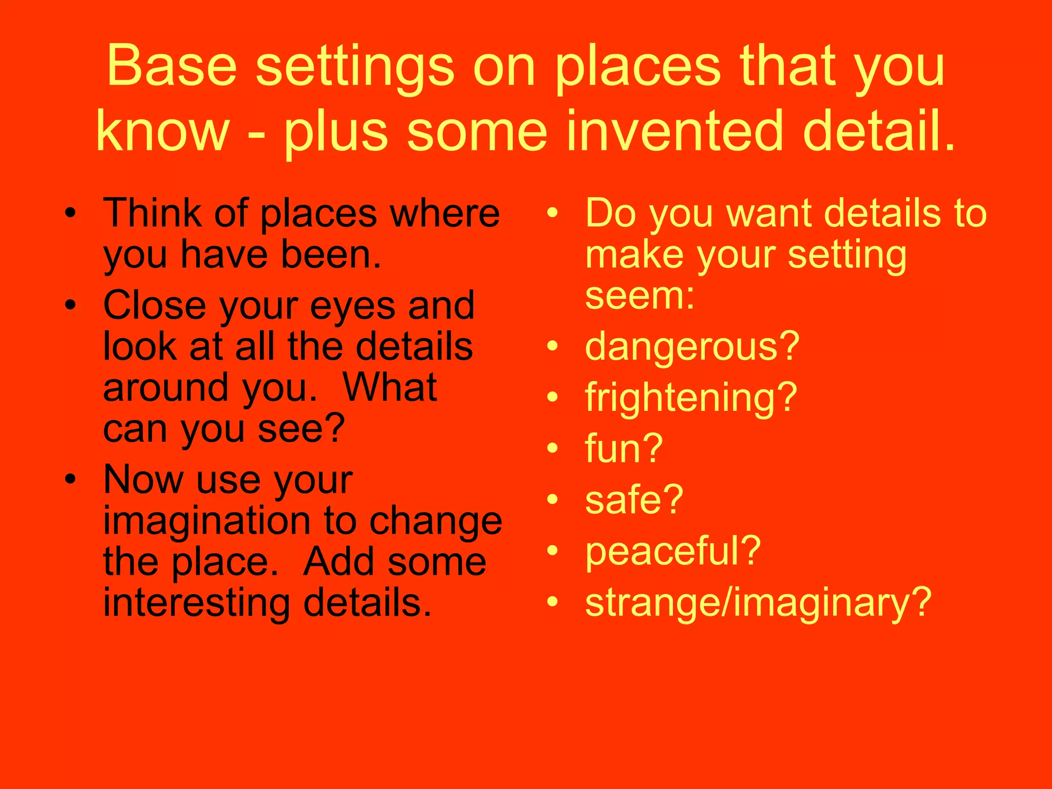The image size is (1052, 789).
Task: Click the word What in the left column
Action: click(389, 388)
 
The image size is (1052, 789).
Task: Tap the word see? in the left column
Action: click(301, 430)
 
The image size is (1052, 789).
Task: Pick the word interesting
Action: click(197, 604)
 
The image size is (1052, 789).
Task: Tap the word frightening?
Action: click(690, 399)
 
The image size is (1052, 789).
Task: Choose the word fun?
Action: click(624, 449)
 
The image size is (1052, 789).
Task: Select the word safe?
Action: click(634, 500)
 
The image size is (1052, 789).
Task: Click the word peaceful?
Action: click(672, 551)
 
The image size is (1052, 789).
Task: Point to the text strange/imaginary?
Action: click(758, 603)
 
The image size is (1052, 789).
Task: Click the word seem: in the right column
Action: click(640, 296)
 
